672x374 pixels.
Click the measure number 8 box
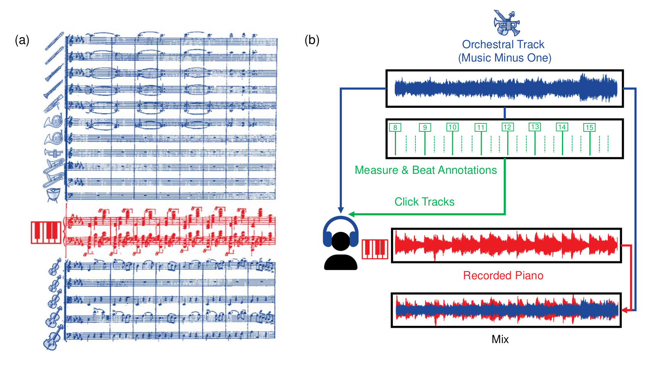[395, 128]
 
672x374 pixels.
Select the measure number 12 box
[507, 127]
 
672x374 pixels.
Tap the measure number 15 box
[589, 128]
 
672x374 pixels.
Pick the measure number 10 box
[452, 127]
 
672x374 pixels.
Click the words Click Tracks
[424, 202]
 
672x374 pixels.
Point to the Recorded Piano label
[503, 275]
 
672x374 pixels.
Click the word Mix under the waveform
[500, 339]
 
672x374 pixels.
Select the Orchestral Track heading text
[503, 44]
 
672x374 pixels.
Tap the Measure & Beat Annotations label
[425, 170]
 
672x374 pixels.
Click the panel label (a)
[22, 40]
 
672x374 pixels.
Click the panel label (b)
[312, 40]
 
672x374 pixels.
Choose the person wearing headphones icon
[341, 244]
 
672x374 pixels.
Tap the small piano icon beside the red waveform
[375, 249]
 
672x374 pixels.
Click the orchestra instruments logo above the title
[506, 23]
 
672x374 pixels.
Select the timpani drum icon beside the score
[54, 194]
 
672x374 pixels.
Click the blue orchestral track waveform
[505, 88]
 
